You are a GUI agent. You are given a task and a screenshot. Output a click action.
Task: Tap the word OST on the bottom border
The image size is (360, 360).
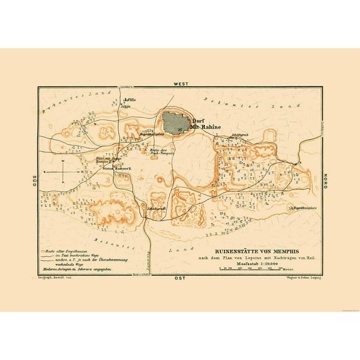click(180, 277)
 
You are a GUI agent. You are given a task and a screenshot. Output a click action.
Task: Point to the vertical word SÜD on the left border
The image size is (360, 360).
click(35, 180)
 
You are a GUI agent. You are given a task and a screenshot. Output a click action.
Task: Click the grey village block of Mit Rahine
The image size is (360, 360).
click(176, 121)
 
